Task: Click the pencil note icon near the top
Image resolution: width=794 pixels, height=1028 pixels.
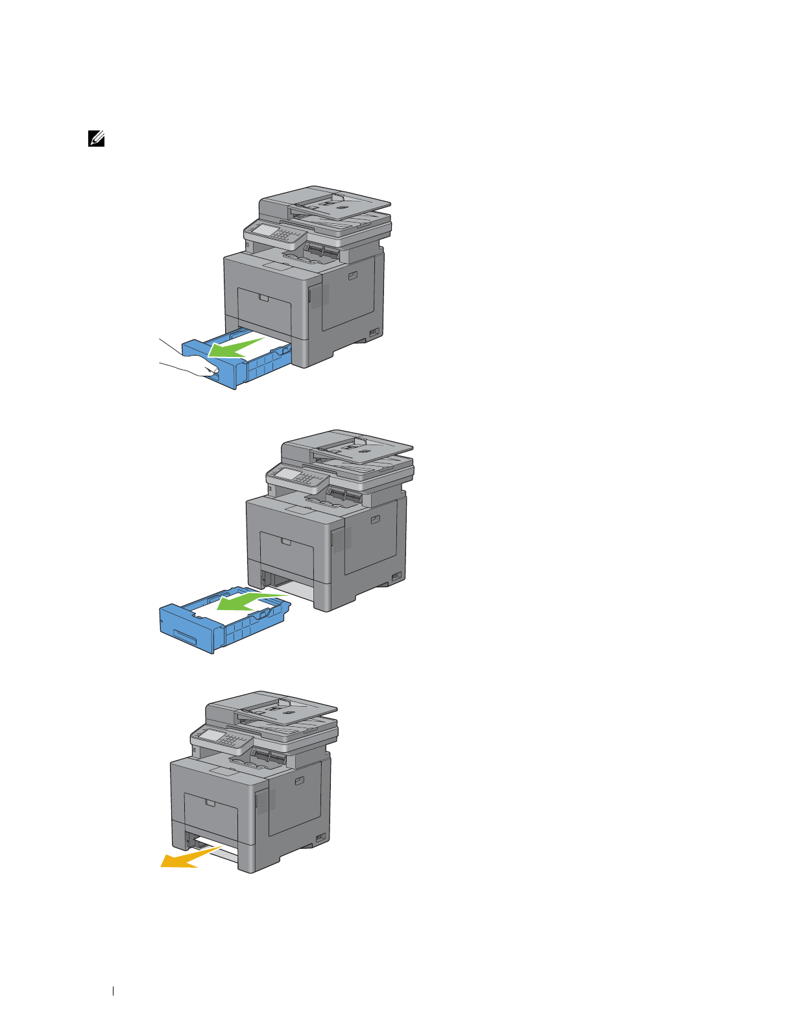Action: point(96,138)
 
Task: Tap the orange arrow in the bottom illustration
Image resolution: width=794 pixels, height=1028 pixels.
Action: point(186,859)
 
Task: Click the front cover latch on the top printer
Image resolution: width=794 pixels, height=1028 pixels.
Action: point(263,298)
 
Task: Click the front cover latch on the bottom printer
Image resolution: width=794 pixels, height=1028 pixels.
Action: point(210,803)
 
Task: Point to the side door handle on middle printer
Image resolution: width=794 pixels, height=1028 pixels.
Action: point(374,519)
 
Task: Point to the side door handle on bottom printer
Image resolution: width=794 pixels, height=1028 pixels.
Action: point(298,781)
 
